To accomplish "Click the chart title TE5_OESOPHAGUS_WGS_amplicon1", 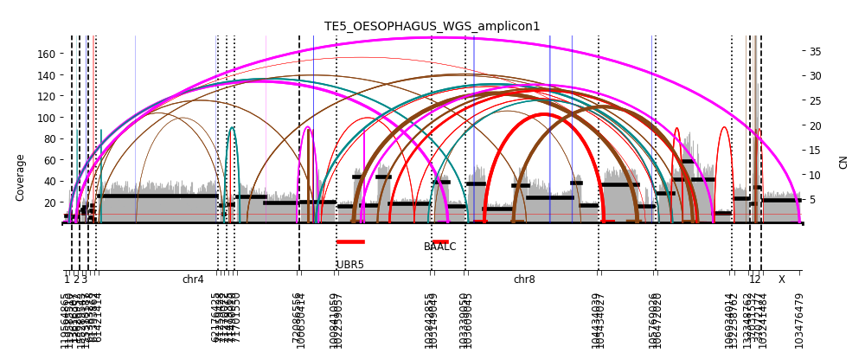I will (x=432, y=27).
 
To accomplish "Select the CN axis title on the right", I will (x=843, y=162).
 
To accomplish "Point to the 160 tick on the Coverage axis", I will (x=44, y=54).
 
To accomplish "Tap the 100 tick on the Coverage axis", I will (x=44, y=118).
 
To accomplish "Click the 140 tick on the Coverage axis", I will (x=44, y=75).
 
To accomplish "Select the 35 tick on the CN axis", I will (x=815, y=52).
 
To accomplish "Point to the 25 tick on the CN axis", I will (x=815, y=101).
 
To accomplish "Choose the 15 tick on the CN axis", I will (x=815, y=151).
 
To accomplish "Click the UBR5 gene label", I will (x=350, y=265).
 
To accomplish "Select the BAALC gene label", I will (x=439, y=247).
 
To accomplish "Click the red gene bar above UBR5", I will (x=350, y=241).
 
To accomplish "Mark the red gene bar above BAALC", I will (x=440, y=241).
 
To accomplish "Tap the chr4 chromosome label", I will (x=193, y=280).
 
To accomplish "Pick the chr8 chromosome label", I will (x=524, y=280).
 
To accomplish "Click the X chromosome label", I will (x=781, y=280).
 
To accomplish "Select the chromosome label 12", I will (x=755, y=280).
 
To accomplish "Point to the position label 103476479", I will (x=799, y=320).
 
